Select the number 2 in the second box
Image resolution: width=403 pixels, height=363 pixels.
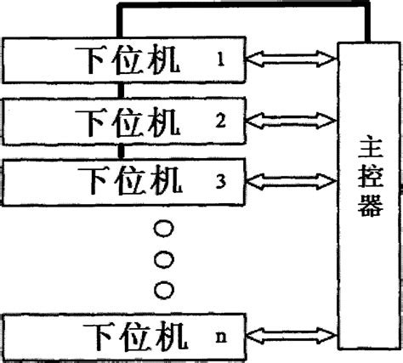click(219, 120)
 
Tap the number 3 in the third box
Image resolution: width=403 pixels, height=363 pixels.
click(219, 179)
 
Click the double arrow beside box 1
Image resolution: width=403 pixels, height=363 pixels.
click(291, 60)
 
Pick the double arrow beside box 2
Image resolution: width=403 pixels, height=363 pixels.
click(291, 121)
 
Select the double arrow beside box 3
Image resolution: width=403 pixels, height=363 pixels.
click(291, 180)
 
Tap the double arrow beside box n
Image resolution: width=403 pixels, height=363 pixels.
click(291, 335)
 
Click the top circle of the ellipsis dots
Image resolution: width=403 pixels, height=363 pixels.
click(164, 228)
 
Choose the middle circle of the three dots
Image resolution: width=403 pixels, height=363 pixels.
click(164, 257)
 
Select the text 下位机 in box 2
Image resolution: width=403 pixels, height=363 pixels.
click(129, 120)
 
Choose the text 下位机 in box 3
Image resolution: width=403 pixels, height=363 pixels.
click(129, 180)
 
